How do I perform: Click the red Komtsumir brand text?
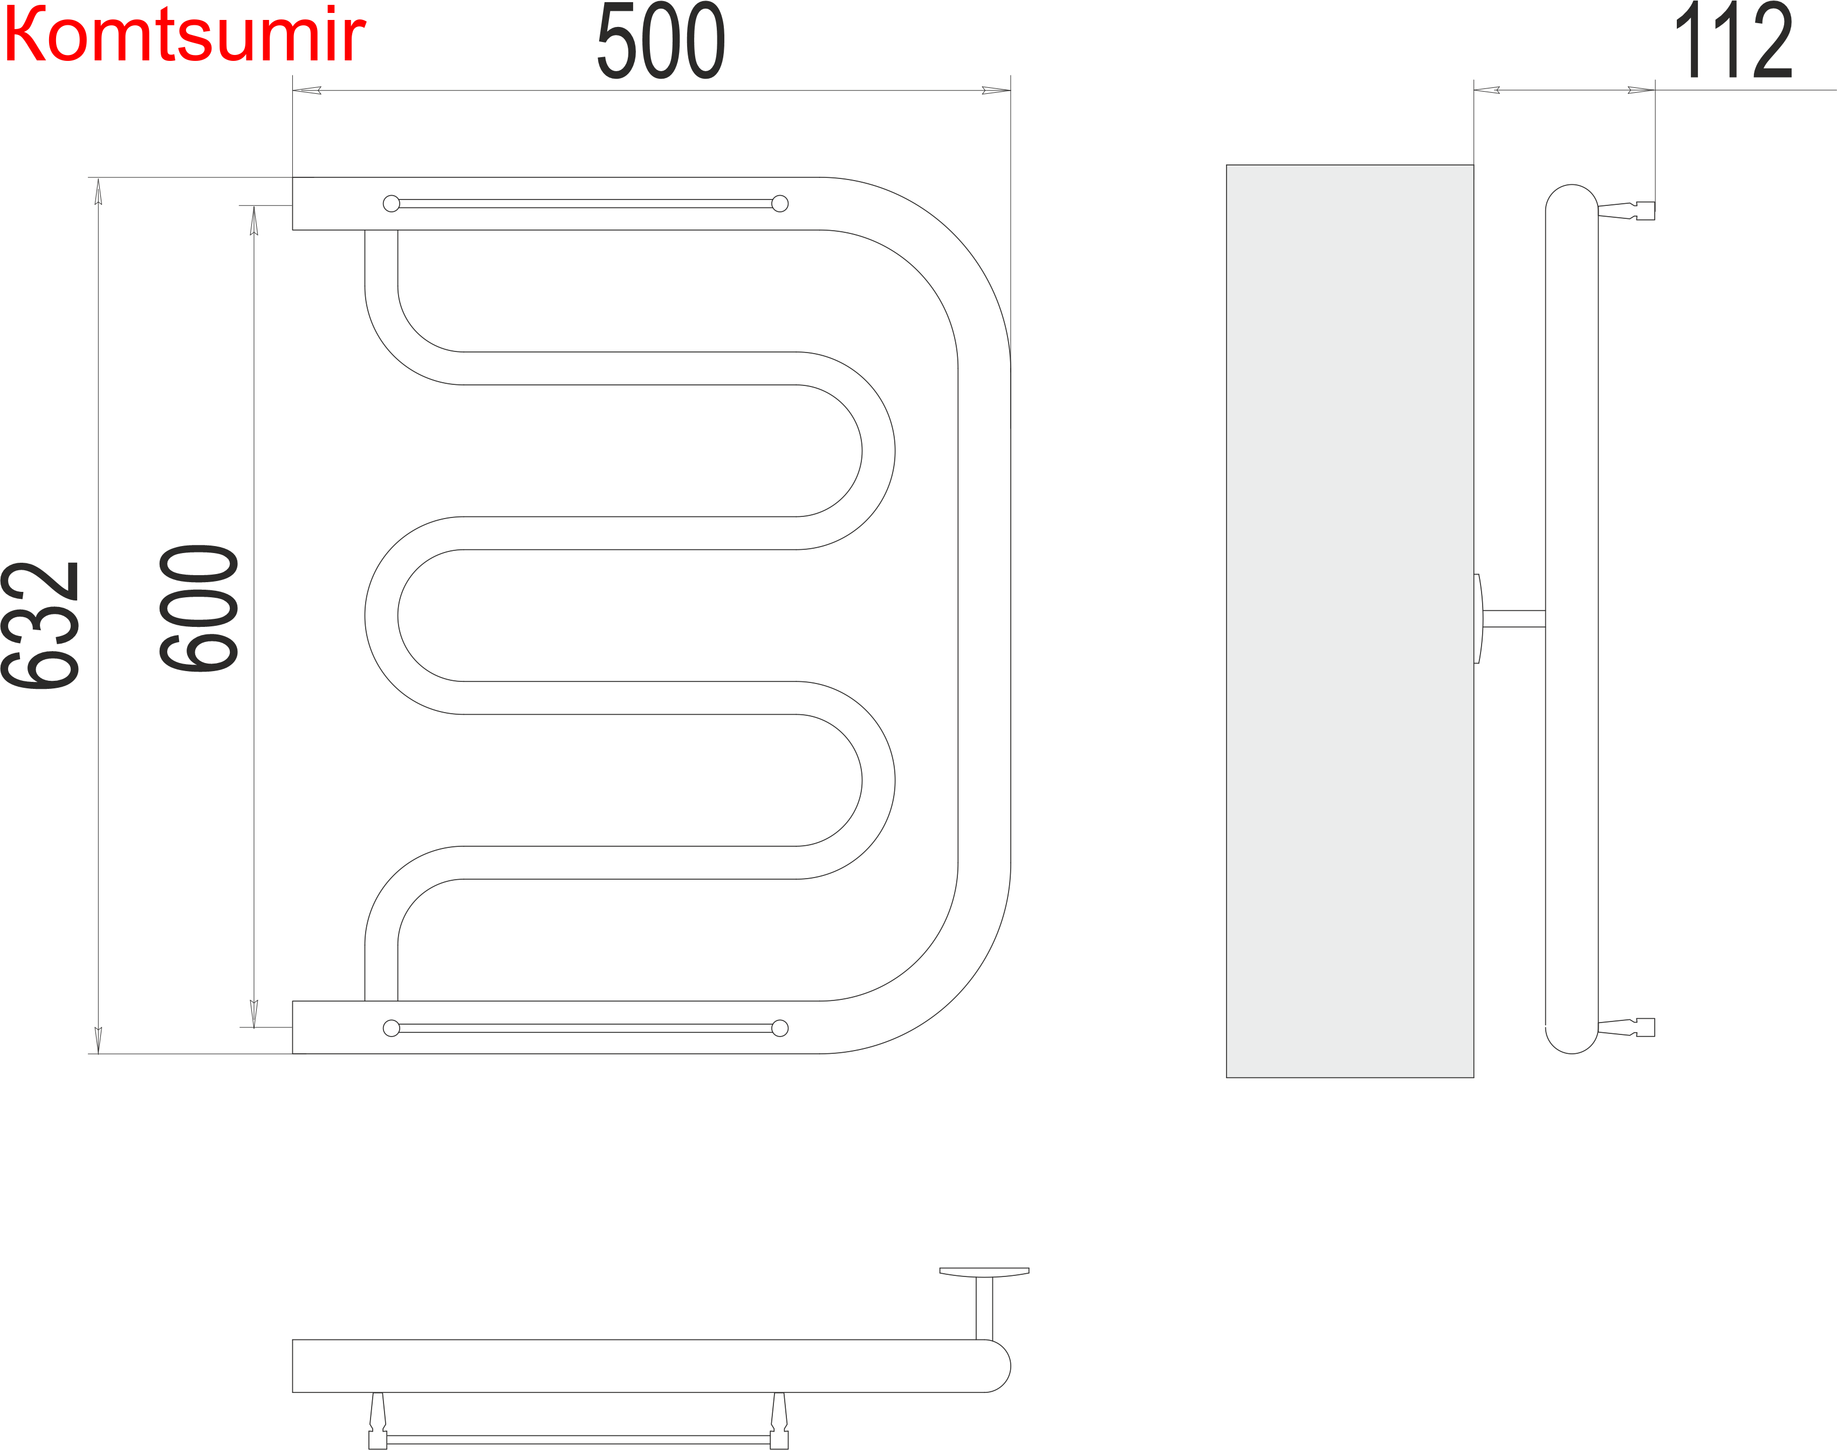click(184, 36)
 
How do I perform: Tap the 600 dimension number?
click(198, 609)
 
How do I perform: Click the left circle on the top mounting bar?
click(392, 204)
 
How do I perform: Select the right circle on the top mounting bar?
click(780, 204)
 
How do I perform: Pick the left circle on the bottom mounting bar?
click(392, 1028)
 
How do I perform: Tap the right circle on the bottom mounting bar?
click(780, 1028)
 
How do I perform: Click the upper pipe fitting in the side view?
click(1626, 211)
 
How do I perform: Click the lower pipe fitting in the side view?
click(1626, 1027)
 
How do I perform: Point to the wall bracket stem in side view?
click(1513, 619)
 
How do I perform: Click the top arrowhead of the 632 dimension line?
click(99, 192)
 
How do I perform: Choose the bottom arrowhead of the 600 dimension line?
click(254, 1013)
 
